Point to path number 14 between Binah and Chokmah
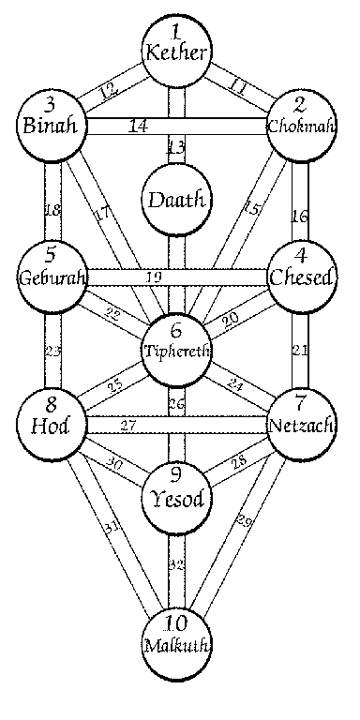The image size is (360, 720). [137, 124]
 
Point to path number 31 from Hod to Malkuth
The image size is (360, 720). [111, 531]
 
